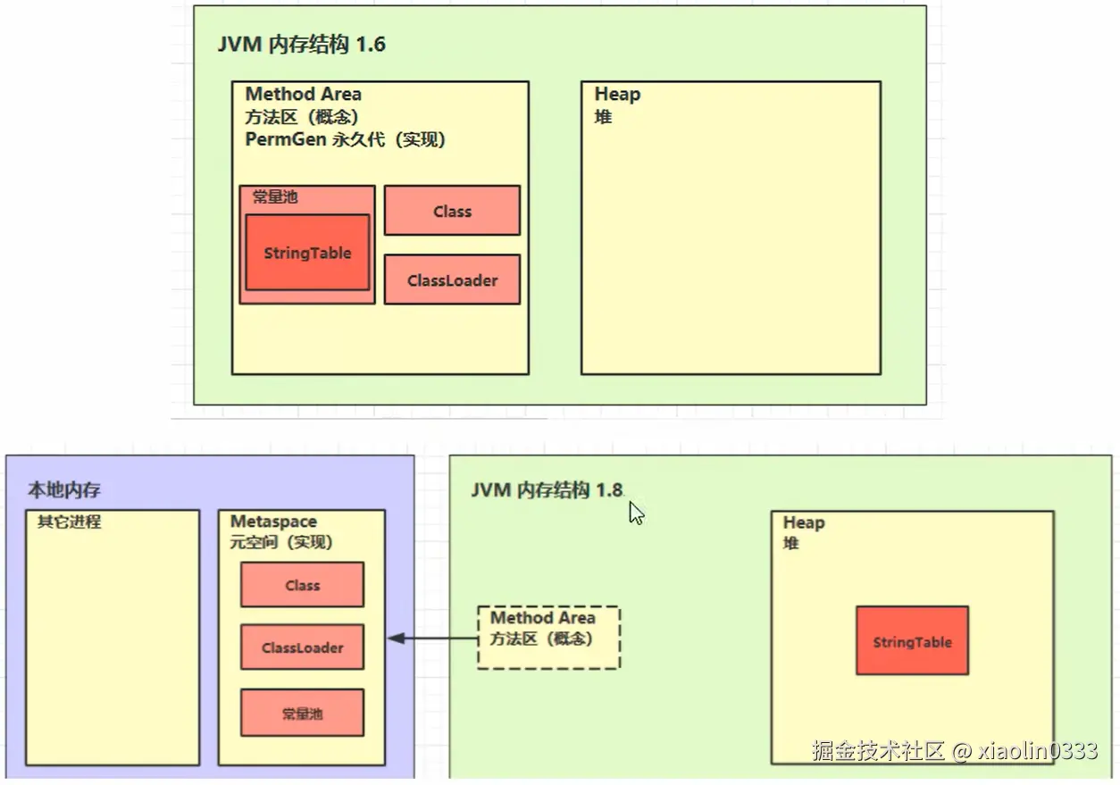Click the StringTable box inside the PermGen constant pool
(307, 253)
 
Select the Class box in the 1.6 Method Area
(452, 211)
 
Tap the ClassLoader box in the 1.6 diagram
(452, 280)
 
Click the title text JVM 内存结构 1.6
(302, 45)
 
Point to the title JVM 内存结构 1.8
(547, 489)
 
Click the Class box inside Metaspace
(302, 585)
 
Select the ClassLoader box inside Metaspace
(302, 647)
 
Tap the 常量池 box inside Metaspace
(302, 713)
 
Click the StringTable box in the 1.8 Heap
(912, 641)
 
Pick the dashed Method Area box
(548, 638)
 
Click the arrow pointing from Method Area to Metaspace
(432, 639)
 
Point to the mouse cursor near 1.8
(636, 513)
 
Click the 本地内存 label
(64, 489)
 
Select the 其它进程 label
(69, 522)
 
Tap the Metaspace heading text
(273, 522)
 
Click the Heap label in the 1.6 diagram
(617, 94)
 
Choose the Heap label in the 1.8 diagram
(804, 522)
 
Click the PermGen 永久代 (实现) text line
(345, 140)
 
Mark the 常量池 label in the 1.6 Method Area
(275, 196)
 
